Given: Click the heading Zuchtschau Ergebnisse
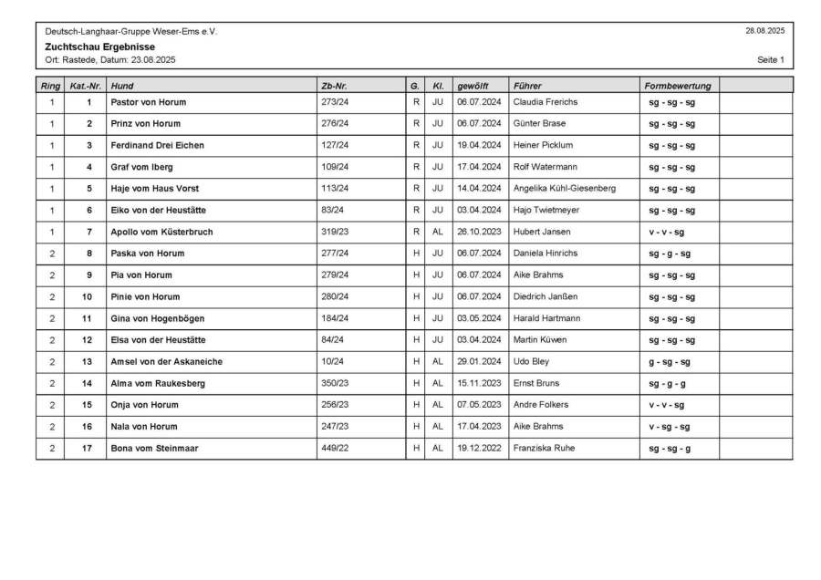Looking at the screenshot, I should [x=99, y=47].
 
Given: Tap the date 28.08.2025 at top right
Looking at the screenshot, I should [x=764, y=31].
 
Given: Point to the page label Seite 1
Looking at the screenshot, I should [x=770, y=60].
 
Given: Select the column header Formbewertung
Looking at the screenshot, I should [x=677, y=86].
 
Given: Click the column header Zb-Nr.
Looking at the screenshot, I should [x=334, y=86].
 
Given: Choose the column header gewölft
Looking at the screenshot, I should [x=473, y=86].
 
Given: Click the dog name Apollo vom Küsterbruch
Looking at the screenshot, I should [x=161, y=232].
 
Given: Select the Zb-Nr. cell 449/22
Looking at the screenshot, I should [x=335, y=449].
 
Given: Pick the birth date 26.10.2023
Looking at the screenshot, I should [x=479, y=232].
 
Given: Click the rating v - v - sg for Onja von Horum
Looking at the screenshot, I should [x=667, y=405].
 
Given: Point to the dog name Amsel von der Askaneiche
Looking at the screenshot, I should [x=166, y=362].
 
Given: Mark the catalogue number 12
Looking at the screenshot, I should [x=88, y=340].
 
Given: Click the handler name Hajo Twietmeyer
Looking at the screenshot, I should [x=546, y=210].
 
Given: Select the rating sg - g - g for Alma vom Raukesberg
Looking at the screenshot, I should [x=668, y=384].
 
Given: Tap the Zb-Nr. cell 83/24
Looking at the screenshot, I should [x=332, y=210].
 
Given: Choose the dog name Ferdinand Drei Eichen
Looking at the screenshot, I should [x=157, y=145].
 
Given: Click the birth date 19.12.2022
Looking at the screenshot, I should [x=479, y=449].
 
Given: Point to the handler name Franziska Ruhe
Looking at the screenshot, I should [x=544, y=449].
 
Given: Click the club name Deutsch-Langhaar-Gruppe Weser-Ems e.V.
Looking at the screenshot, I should [x=131, y=31].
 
